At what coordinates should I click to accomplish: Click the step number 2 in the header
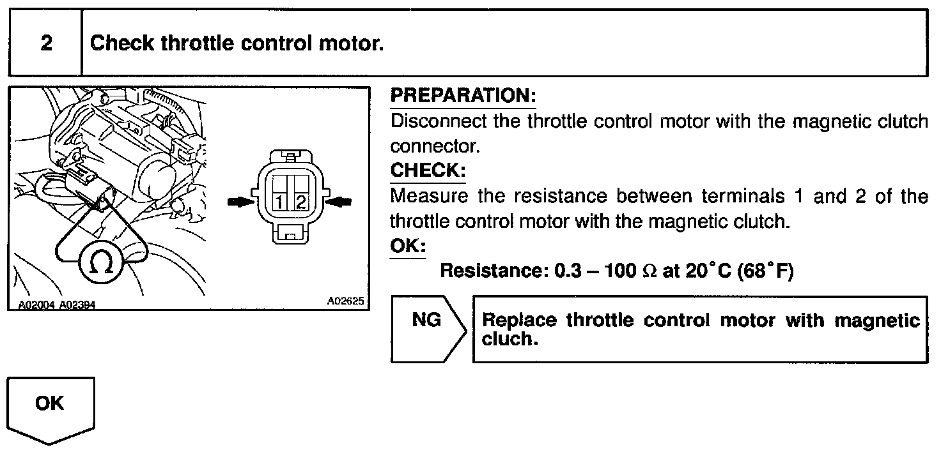(x=45, y=43)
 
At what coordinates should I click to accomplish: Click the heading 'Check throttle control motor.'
(x=237, y=43)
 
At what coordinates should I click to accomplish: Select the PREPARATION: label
(x=463, y=96)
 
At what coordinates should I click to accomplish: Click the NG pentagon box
(x=427, y=329)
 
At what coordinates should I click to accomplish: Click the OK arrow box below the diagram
(x=51, y=407)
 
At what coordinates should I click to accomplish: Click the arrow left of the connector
(x=240, y=202)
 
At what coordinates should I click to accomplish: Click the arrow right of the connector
(x=339, y=201)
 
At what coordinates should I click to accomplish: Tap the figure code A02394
(x=77, y=305)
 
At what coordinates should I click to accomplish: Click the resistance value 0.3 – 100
(x=593, y=271)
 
